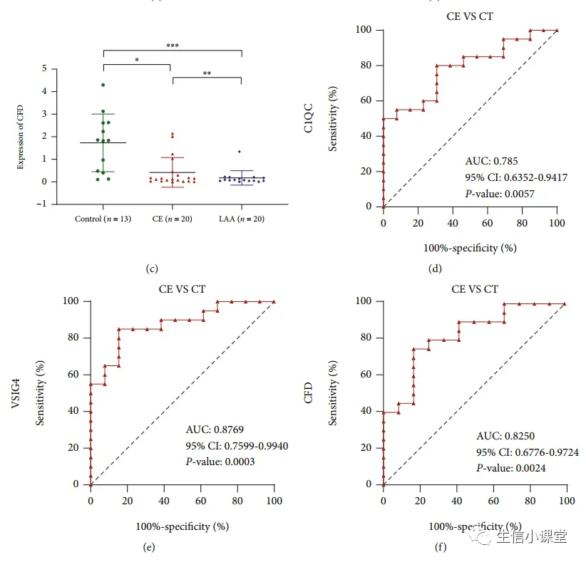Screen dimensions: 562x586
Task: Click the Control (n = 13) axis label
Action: tap(102, 219)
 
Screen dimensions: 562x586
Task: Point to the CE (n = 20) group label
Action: tap(172, 219)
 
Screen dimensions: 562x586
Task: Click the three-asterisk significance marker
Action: tap(172, 46)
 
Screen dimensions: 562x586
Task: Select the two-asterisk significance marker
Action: tap(206, 73)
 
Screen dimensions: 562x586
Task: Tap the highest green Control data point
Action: tap(103, 85)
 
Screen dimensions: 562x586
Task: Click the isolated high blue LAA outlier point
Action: tap(240, 152)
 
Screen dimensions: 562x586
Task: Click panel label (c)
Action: tap(151, 269)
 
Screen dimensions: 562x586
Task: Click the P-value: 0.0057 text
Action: tap(499, 193)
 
